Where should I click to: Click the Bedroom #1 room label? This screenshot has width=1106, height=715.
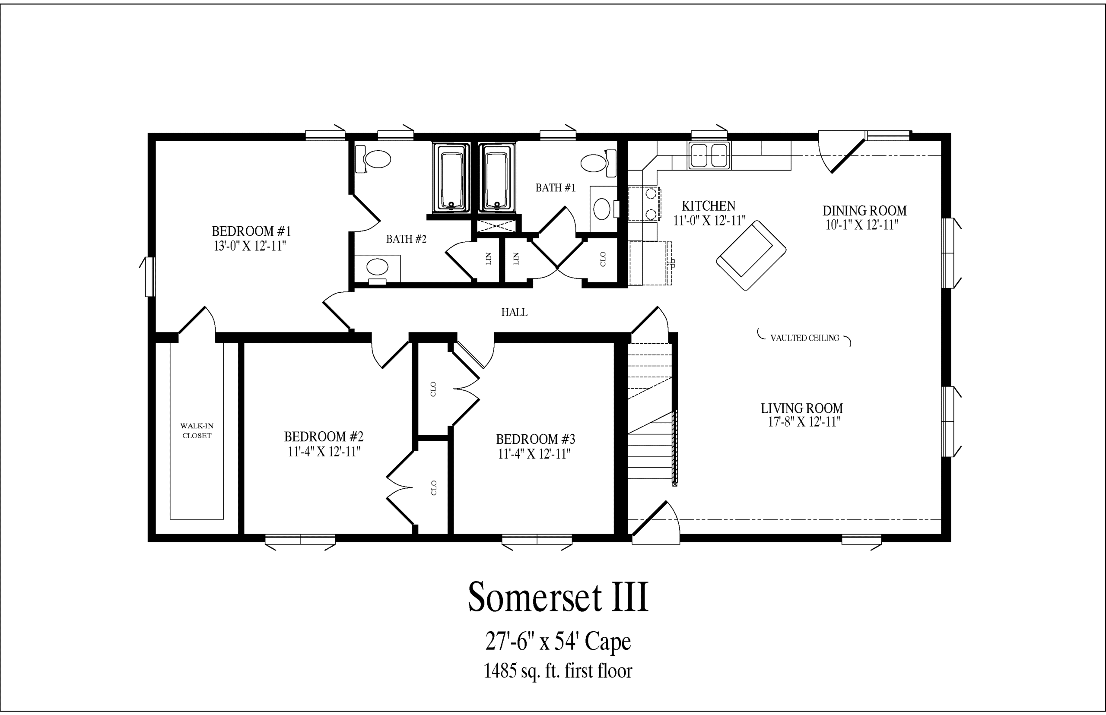click(x=251, y=231)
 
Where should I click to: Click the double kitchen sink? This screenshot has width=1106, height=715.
click(x=709, y=155)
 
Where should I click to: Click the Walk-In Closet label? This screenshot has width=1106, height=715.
click(x=197, y=431)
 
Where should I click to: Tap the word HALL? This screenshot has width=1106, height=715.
click(x=514, y=313)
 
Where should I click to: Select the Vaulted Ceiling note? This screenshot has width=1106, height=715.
click(x=804, y=338)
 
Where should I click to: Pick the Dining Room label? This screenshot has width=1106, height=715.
click(x=864, y=211)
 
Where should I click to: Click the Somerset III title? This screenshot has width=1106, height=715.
click(x=557, y=597)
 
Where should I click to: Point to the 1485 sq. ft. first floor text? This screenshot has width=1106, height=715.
click(x=558, y=671)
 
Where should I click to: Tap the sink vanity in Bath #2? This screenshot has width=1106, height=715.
click(x=377, y=269)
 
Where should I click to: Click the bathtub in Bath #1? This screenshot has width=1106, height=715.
click(x=497, y=178)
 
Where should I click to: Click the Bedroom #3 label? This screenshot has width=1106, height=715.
click(x=536, y=439)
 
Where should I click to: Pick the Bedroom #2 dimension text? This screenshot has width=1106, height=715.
click(x=324, y=452)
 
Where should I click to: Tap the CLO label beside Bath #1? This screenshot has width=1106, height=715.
click(x=603, y=259)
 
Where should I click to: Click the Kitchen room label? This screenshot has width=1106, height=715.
click(x=709, y=206)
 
